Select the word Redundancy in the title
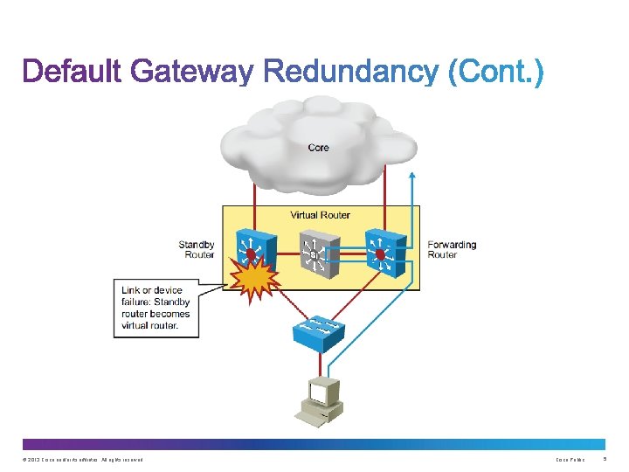pyautogui.click(x=349, y=72)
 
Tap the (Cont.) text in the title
pyautogui.click(x=495, y=72)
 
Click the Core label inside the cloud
pyautogui.click(x=319, y=148)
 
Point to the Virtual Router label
pyautogui.click(x=320, y=215)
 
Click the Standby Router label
pyautogui.click(x=197, y=250)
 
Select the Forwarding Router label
pyautogui.click(x=452, y=250)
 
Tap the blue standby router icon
pyautogui.click(x=257, y=252)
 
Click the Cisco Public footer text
pyautogui.click(x=570, y=460)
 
